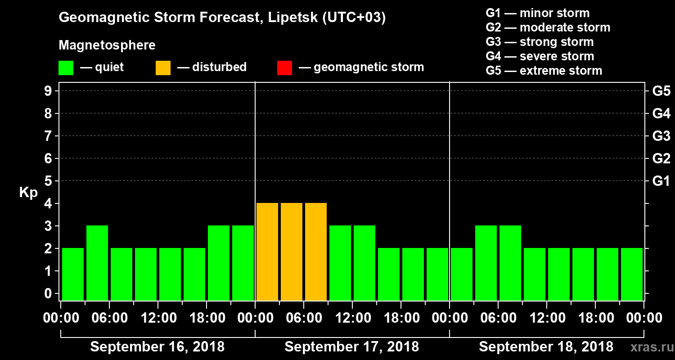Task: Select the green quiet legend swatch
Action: pyautogui.click(x=66, y=67)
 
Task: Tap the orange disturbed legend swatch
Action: pyautogui.click(x=163, y=67)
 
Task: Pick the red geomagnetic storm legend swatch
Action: pyautogui.click(x=284, y=67)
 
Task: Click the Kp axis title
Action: pyautogui.click(x=28, y=193)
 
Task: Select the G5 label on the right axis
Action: pyautogui.click(x=661, y=91)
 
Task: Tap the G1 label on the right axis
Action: pyautogui.click(x=661, y=181)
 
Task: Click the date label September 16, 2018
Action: pyautogui.click(x=157, y=347)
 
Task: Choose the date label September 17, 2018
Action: pyautogui.click(x=352, y=347)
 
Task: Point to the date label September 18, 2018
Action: pyautogui.click(x=546, y=347)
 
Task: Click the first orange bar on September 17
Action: pyautogui.click(x=267, y=252)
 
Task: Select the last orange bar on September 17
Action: pyautogui.click(x=316, y=252)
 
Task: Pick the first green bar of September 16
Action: pyautogui.click(x=73, y=274)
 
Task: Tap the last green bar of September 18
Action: pyautogui.click(x=632, y=274)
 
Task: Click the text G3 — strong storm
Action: pyautogui.click(x=540, y=42)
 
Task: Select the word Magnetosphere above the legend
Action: pyautogui.click(x=107, y=45)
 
